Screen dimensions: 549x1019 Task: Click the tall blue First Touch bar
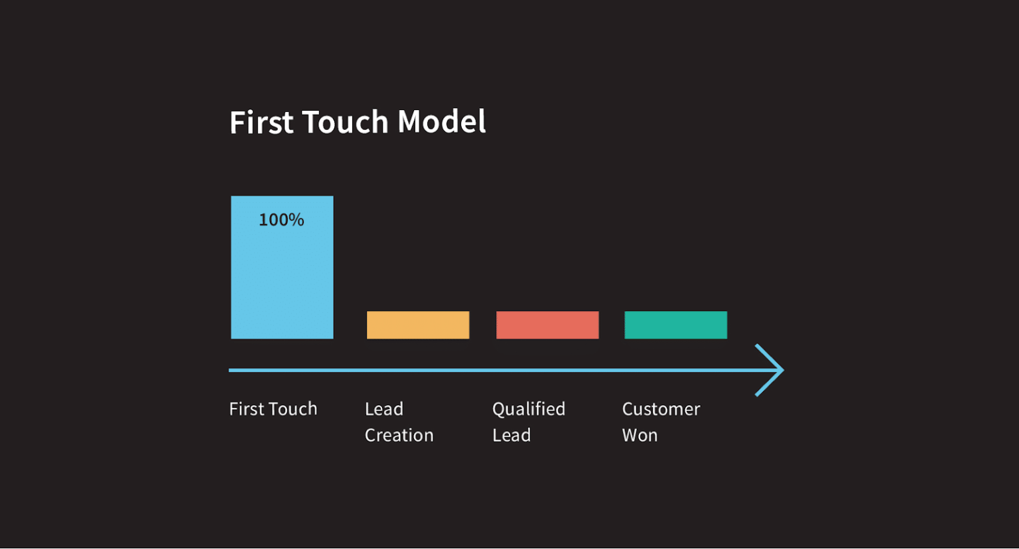282,278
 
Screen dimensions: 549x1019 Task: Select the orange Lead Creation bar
418,325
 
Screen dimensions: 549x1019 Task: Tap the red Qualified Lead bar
547,325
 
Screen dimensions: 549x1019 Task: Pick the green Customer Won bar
675,325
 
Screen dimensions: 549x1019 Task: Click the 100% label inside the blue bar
281,219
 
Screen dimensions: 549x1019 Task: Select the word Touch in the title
345,123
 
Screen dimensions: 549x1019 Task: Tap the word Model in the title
441,123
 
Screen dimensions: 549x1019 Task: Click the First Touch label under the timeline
273,409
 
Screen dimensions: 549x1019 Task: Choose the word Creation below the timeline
399,436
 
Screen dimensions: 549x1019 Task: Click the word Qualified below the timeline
529,409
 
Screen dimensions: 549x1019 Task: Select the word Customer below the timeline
661,409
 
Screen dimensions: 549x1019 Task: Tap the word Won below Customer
640,436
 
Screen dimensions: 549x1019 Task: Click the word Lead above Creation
384,409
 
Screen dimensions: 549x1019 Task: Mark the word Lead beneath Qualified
511,436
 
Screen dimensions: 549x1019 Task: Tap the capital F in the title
237,123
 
